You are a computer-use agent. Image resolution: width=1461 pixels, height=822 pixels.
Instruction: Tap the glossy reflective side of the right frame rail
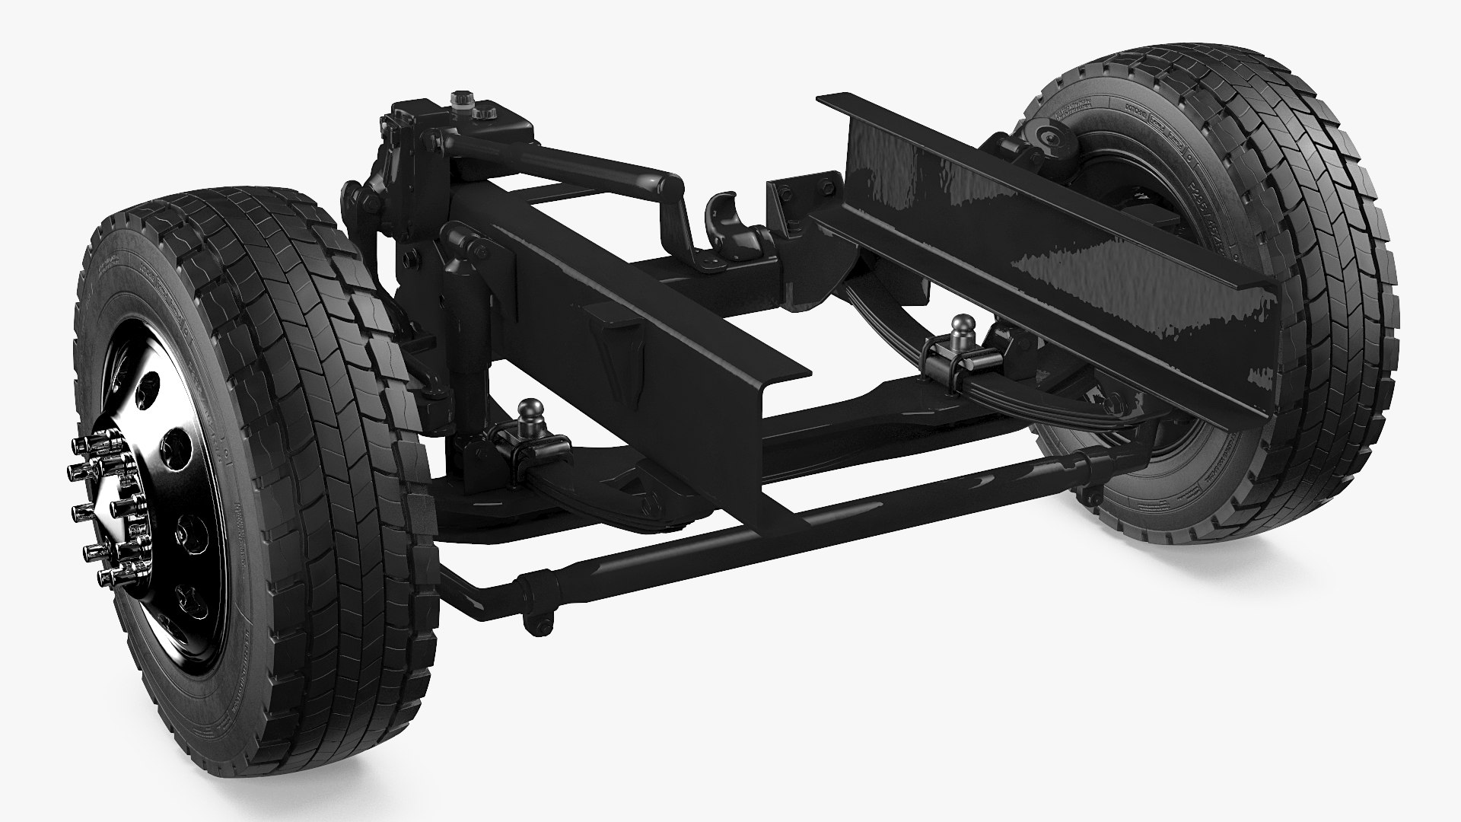[x=1065, y=228]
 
